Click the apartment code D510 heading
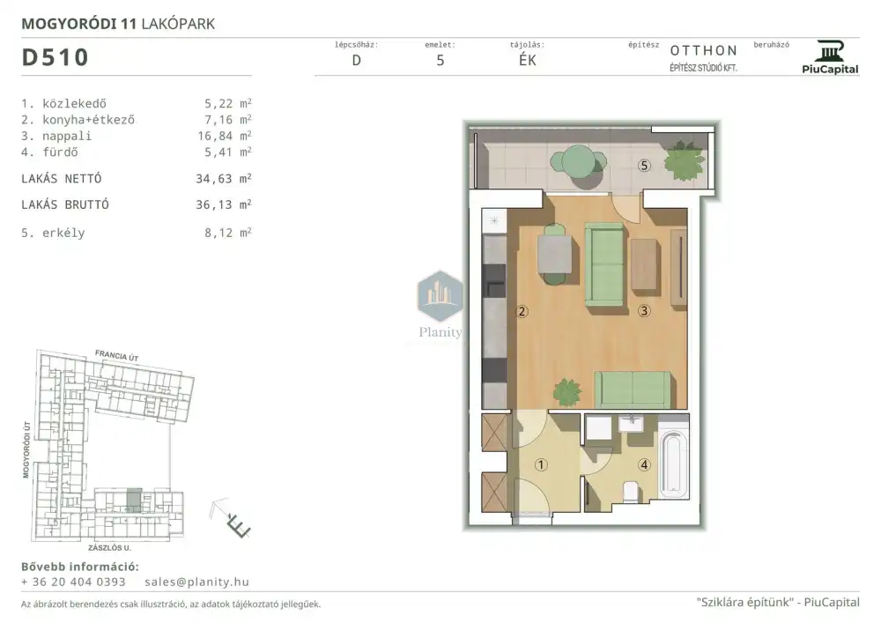[55, 57]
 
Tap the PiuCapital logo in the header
[830, 57]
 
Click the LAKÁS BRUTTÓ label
[65, 204]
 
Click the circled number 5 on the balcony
[645, 165]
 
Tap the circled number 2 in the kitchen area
[522, 311]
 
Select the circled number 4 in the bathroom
[645, 464]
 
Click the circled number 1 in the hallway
[541, 464]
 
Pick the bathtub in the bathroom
[674, 464]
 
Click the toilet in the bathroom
[631, 492]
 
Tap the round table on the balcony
[578, 161]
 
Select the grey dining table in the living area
[554, 254]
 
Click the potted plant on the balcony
[684, 160]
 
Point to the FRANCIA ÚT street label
[117, 355]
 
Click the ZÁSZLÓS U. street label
[109, 547]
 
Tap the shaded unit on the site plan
[134, 500]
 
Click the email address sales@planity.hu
[196, 582]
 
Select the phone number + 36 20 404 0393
[73, 582]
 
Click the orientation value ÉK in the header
[527, 60]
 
